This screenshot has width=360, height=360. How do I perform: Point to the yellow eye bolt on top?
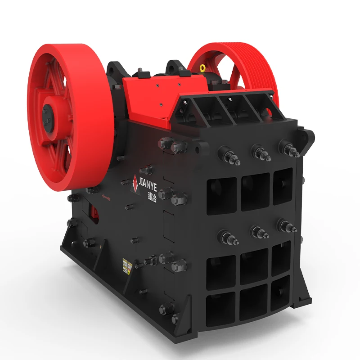click(x=203, y=68)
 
